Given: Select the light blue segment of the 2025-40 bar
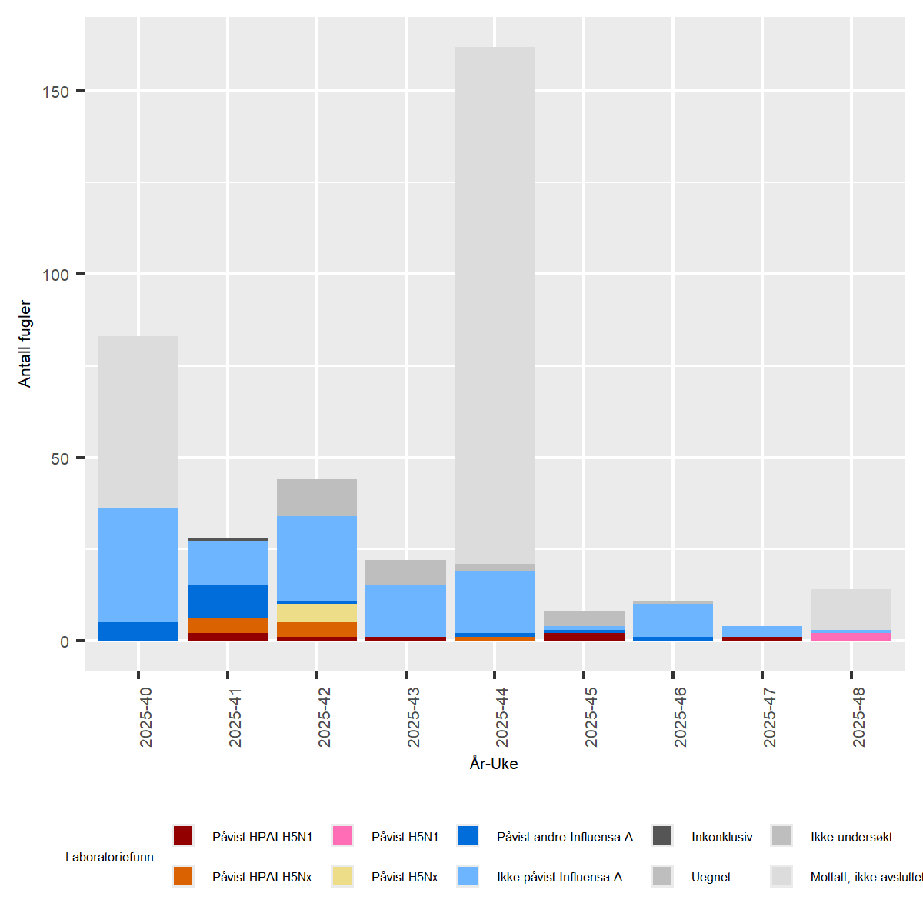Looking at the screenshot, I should point(138,565).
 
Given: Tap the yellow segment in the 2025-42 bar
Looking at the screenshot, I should point(317,613).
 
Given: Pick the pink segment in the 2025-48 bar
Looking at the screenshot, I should point(851,637).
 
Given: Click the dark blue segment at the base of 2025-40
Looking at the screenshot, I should point(138,631).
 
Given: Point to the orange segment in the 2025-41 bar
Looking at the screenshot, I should point(228,625).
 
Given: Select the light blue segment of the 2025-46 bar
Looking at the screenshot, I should point(673,620).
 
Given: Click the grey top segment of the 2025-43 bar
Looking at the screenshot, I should point(405,572).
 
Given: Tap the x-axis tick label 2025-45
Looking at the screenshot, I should point(591,717).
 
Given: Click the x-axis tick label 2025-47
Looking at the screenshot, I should point(769,717).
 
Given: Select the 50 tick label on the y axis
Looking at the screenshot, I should point(59,458).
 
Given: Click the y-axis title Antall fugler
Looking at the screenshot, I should point(25,343).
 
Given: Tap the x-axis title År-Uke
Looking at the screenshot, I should point(494,764).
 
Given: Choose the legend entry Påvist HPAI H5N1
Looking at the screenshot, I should point(262,837).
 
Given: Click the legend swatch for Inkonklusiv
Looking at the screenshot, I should point(662,836).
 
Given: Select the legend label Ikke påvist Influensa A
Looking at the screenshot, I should point(559,877).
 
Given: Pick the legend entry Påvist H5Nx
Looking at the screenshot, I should point(405,877).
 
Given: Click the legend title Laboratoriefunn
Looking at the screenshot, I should point(109,857).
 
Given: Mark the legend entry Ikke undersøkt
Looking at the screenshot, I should point(851,837).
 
